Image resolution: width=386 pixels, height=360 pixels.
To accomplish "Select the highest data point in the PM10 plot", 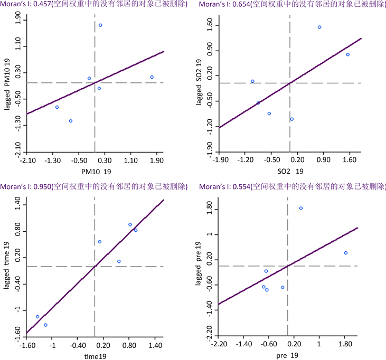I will click(100, 25).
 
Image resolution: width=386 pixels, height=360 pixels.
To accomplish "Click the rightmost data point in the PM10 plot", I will click(152, 77).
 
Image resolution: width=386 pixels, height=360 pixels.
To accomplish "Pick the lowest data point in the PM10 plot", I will click(71, 121).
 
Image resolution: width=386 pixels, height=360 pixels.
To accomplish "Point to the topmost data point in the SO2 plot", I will click(319, 27).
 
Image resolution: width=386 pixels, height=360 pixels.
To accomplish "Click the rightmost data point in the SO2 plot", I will click(347, 54).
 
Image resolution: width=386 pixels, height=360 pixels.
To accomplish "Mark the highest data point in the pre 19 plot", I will click(301, 208).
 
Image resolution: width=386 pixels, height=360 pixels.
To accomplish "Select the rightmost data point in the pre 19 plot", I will click(345, 253).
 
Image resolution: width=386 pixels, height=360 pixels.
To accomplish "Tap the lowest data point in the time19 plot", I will click(45, 325).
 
